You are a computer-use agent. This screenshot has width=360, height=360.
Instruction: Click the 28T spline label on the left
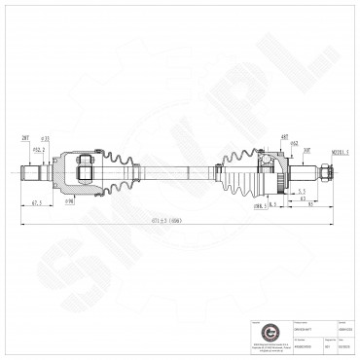[x=24, y=139]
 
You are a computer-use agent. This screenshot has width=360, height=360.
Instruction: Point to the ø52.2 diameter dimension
[x=39, y=149]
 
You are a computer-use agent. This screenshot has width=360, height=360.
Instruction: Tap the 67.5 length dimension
[x=35, y=202]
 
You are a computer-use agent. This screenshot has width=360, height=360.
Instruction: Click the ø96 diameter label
[x=70, y=202]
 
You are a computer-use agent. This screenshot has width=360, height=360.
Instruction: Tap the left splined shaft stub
[x=34, y=173]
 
